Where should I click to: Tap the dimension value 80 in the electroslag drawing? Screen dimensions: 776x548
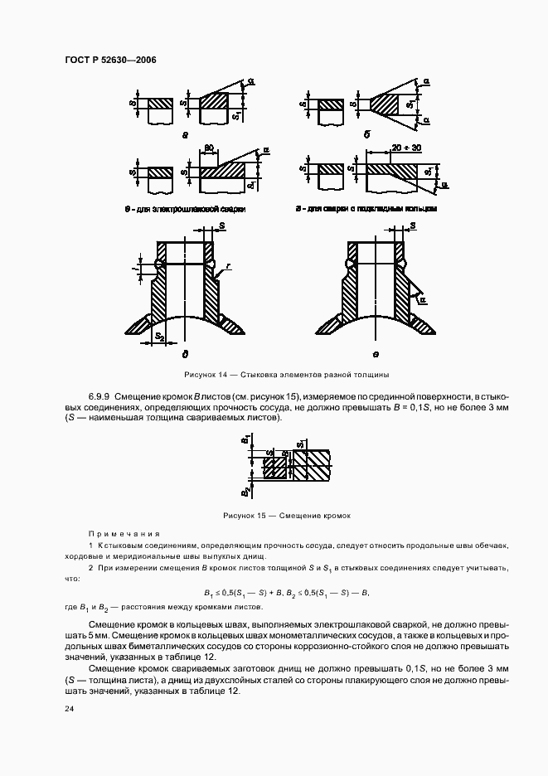[210, 148]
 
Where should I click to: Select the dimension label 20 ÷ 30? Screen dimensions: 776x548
[385, 148]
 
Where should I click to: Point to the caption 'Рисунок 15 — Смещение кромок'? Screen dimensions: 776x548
[275, 515]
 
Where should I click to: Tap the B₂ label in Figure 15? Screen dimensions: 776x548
[245, 492]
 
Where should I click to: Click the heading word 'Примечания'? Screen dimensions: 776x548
[124, 534]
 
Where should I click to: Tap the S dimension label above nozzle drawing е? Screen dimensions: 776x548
[411, 226]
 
